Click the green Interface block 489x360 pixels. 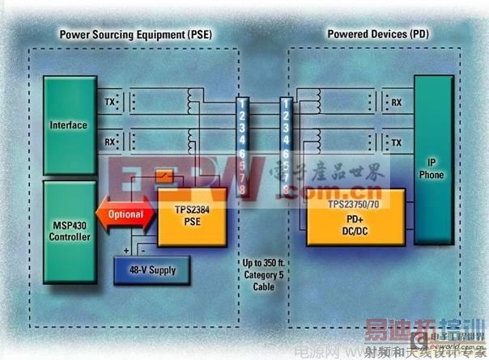pos(68,125)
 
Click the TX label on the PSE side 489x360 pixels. pos(109,102)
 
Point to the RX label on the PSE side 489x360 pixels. pos(109,142)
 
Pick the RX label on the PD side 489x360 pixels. pos(396,103)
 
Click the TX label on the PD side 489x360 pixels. pos(396,142)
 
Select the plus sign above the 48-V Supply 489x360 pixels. pos(126,249)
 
